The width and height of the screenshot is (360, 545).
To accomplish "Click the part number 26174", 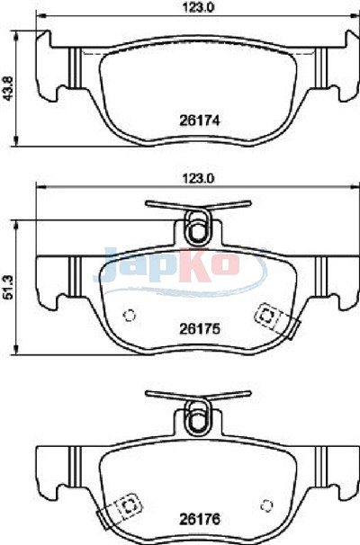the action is (x=200, y=121).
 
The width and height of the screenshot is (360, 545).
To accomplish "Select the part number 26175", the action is (x=200, y=328).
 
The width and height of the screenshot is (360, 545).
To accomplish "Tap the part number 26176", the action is (x=200, y=519).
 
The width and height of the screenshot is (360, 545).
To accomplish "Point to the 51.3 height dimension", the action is (x=8, y=287).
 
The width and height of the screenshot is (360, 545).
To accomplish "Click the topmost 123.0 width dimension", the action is (x=199, y=6).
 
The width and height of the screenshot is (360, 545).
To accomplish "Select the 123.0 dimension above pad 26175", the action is (x=199, y=179).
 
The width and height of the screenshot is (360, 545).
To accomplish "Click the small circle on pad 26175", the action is (x=130, y=316).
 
